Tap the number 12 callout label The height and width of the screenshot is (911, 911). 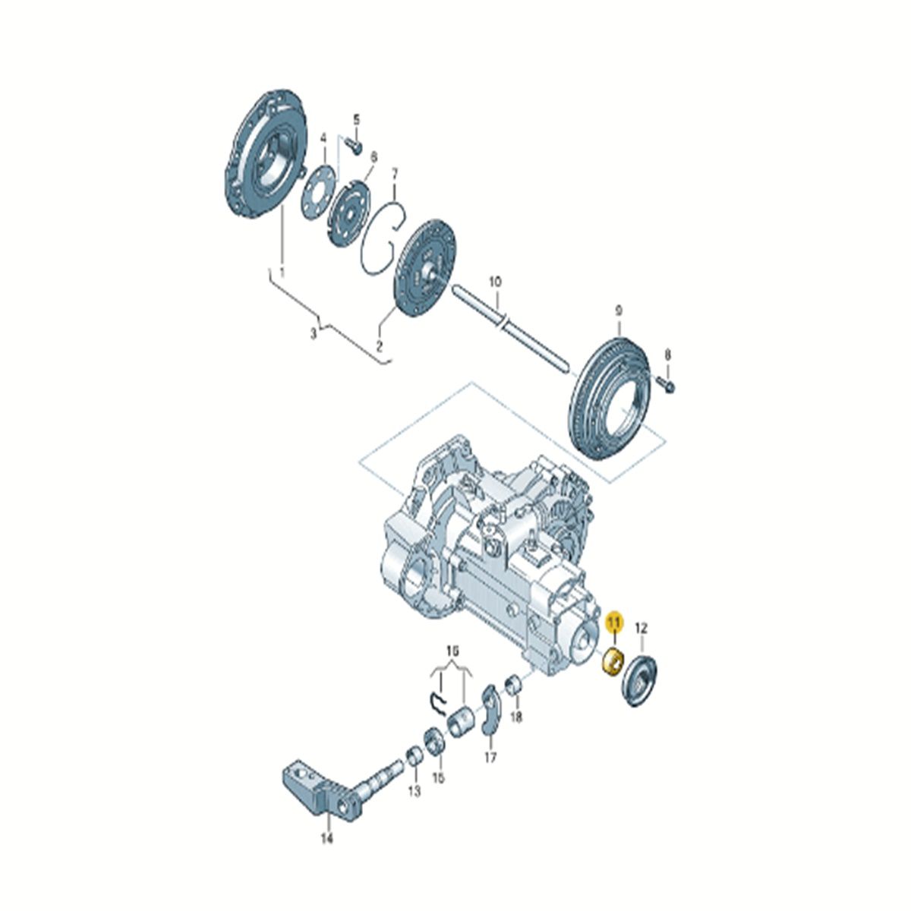point(641,629)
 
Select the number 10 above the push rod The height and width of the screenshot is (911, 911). point(494,282)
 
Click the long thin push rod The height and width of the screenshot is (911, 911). point(512,329)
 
